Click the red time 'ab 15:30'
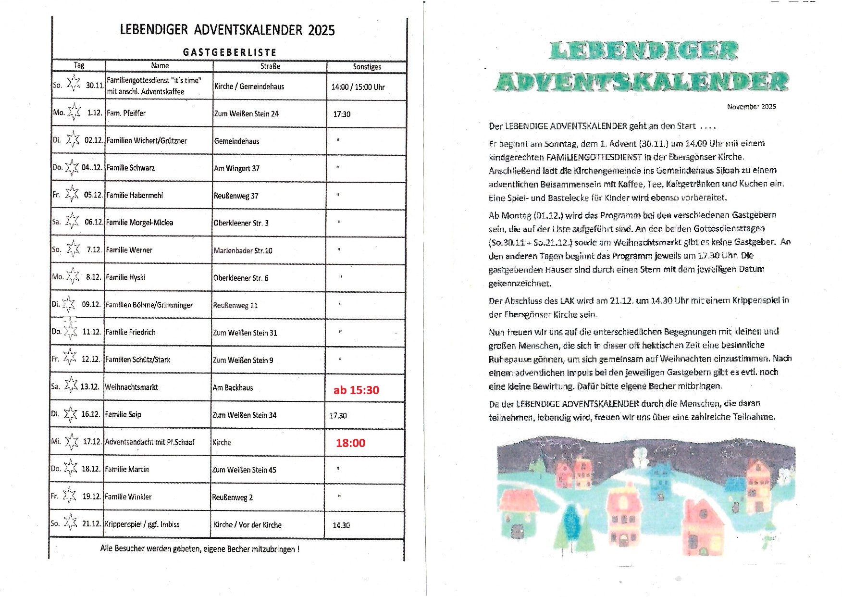(356, 390)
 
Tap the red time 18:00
(350, 443)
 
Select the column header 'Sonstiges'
(367, 67)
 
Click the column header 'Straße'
(270, 66)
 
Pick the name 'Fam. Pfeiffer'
(126, 113)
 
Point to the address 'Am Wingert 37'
(236, 168)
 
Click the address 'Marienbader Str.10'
(243, 250)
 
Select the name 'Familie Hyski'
(125, 277)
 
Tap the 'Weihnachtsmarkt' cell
(131, 387)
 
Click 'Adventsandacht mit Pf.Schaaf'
(149, 442)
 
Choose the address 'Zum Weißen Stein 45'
(244, 470)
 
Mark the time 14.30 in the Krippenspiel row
(341, 525)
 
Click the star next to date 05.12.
(72, 194)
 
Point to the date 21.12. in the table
(91, 524)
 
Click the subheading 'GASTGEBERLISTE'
(230, 52)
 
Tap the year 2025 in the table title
(321, 30)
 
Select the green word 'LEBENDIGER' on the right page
(644, 51)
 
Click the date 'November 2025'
(751, 107)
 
